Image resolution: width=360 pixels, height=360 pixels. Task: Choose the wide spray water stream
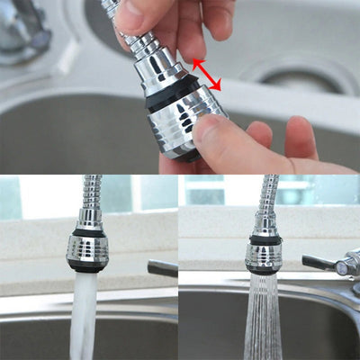coord(263,319)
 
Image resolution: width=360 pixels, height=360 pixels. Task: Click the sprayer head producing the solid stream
coord(87,247)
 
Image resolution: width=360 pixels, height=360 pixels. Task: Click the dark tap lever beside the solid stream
coord(163,267)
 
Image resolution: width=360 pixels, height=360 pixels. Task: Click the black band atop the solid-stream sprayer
coord(89,233)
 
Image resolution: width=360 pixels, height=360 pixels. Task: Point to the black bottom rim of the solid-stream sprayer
coord(86,267)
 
